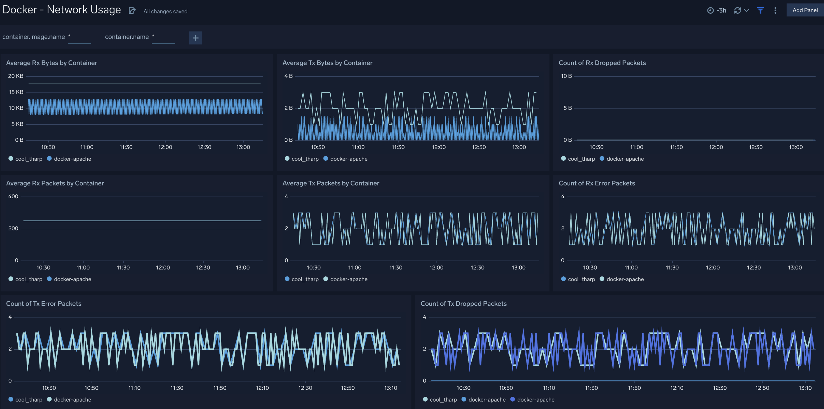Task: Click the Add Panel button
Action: tap(805, 10)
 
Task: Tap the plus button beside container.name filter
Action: tap(196, 38)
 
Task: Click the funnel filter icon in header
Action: tap(760, 10)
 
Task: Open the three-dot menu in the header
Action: tap(775, 10)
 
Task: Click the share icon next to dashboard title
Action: tap(132, 10)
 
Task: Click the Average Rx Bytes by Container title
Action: tap(52, 63)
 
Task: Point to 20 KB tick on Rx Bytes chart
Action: tap(16, 76)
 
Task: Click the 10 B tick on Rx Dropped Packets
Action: tap(566, 76)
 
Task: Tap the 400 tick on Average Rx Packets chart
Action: tap(13, 196)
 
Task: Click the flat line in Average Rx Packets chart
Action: tap(142, 221)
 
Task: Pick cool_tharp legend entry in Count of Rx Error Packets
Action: tap(581, 279)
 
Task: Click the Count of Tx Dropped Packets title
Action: tap(463, 304)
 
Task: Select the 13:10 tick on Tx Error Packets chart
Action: tap(391, 388)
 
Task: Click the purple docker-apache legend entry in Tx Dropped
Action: tap(535, 400)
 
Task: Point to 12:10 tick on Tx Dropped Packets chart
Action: tap(676, 388)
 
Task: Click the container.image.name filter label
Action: tap(34, 37)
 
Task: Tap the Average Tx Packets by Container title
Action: tap(330, 183)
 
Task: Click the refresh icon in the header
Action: tap(738, 10)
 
